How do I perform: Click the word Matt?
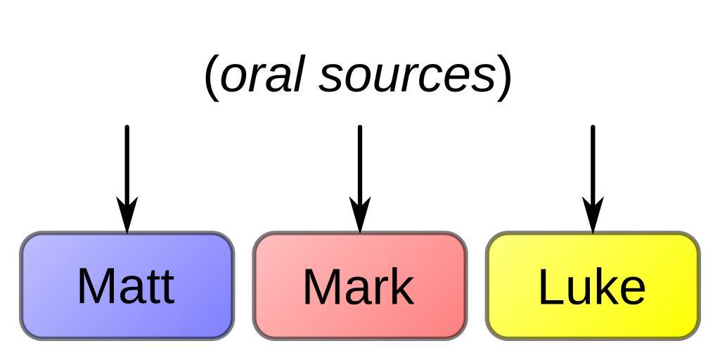coord(126,286)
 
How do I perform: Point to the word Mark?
coord(358,287)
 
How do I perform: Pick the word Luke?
coord(591,287)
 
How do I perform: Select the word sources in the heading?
coord(408,76)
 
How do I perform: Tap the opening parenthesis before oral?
coord(210,77)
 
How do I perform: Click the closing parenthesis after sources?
coord(504,77)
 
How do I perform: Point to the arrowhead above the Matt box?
coord(127,214)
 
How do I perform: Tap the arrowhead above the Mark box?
coord(360,214)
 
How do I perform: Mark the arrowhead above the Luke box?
coord(593,214)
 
